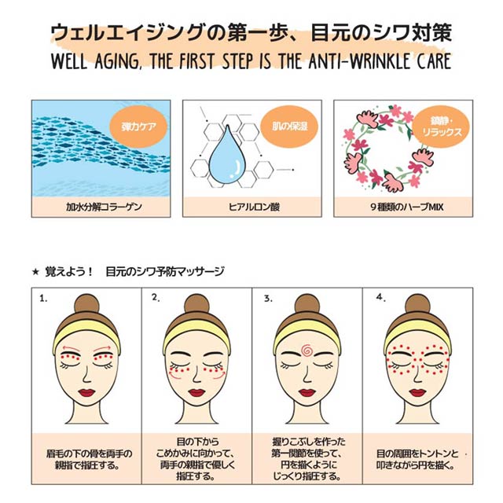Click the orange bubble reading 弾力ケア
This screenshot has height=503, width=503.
point(138,127)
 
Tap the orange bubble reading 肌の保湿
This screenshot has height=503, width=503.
point(289,127)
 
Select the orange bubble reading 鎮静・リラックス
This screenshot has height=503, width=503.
point(442,127)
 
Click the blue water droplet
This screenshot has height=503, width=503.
point(227,156)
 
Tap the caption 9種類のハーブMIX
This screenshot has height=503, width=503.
point(407,207)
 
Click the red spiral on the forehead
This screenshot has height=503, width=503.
point(307,350)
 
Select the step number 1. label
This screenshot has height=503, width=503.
point(43,299)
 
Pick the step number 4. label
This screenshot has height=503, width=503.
point(380,298)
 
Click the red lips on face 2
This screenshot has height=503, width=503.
point(196,392)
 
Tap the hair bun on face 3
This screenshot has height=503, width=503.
point(307,305)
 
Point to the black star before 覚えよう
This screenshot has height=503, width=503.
point(35,272)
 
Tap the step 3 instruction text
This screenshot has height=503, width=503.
point(307,459)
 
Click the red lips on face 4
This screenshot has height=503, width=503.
point(417,392)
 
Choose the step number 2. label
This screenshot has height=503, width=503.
point(156,298)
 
